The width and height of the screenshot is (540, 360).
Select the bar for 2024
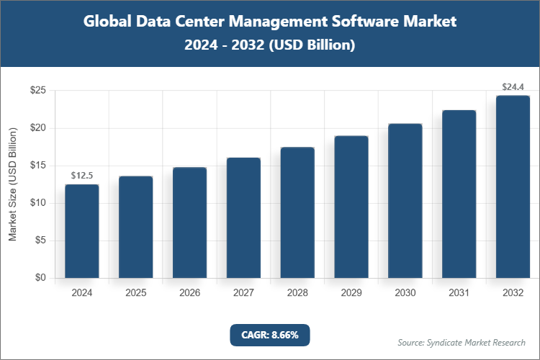pos(82,231)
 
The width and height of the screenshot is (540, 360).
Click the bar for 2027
pos(243,217)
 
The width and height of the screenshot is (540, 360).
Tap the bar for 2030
pos(405,201)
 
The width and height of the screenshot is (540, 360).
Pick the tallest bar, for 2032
pos(513,186)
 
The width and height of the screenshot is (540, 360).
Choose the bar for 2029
pos(351,207)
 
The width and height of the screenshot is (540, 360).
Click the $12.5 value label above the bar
pos(82,175)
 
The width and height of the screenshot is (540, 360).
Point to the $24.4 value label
pos(513,86)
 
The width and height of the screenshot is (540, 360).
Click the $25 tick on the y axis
pos(38,91)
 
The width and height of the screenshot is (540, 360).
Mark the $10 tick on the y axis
pos(38,203)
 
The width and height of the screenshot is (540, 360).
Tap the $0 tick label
pos(41,278)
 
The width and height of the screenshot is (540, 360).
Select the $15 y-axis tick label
pos(38,166)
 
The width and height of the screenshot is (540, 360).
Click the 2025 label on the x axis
pos(136,293)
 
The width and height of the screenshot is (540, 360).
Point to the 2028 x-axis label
pos(297,293)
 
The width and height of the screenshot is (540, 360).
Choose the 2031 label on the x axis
pos(459,293)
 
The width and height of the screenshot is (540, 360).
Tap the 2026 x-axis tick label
pos(189,293)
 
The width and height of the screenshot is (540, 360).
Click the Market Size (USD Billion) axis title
pos(12,184)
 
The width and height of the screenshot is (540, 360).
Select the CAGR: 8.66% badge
pos(269,335)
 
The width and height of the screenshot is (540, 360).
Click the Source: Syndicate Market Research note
pos(461,342)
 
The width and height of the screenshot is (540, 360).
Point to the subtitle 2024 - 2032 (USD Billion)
pos(270,45)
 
